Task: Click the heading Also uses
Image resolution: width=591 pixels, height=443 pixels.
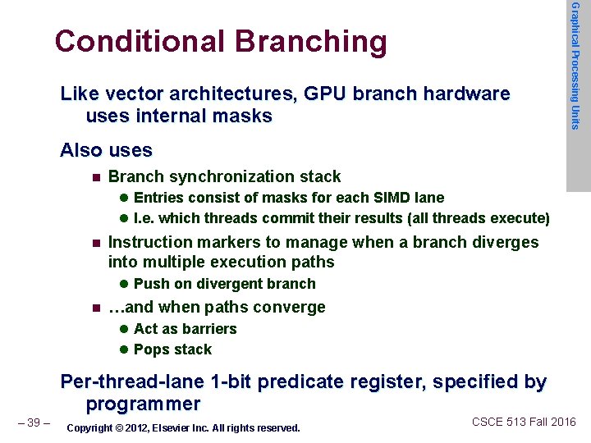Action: pos(107,151)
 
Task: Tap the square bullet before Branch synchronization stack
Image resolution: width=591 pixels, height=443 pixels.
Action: pos(96,177)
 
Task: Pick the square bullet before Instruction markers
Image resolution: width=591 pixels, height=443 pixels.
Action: pos(96,243)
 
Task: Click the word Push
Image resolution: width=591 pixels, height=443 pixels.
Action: pos(150,284)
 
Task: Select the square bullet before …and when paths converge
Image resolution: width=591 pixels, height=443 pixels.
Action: pos(96,308)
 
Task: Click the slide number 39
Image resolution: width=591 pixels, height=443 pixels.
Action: pos(34,422)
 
